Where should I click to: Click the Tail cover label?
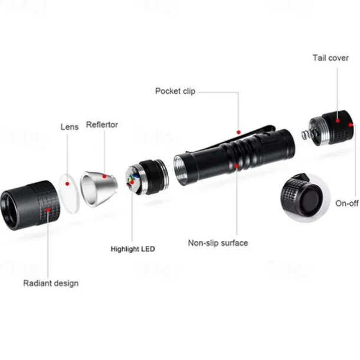[330, 58]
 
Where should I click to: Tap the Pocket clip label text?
[175, 91]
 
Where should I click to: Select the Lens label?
[70, 127]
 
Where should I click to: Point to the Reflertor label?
[102, 125]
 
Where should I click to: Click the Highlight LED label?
[133, 249]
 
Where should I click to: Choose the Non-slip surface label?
[218, 243]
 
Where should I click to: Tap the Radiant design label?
[51, 283]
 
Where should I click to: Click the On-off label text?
[346, 203]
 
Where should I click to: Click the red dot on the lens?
[67, 184]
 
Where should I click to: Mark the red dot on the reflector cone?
[104, 176]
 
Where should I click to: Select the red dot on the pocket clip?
[238, 132]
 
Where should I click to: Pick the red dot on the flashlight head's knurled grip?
[48, 210]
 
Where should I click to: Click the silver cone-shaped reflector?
[99, 189]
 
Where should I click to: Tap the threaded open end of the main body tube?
[180, 169]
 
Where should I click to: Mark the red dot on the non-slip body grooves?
[237, 166]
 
